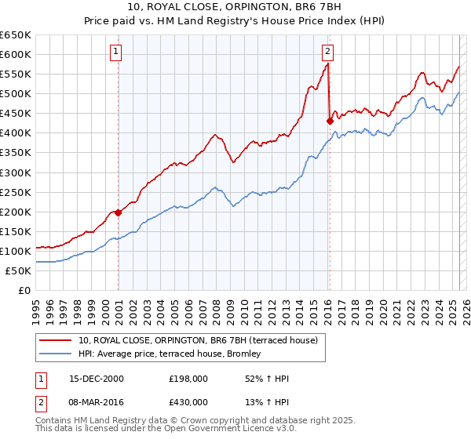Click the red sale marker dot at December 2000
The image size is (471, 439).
click(119, 212)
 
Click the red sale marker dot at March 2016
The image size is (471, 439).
click(330, 121)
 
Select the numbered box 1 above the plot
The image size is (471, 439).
click(115, 53)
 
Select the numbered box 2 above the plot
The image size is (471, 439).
click(327, 53)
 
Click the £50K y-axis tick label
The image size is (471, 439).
click(19, 270)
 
